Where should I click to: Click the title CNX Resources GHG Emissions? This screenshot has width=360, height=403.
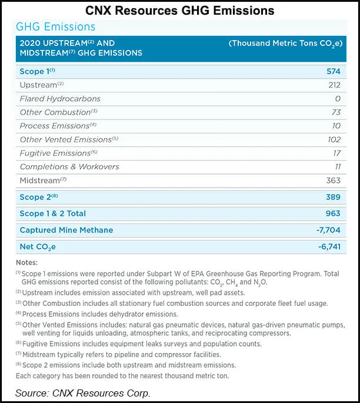click(179, 10)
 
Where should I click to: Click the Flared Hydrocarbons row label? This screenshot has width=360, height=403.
click(60, 98)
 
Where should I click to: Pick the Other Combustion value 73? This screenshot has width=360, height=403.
click(335, 112)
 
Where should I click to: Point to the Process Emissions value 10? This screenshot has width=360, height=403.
click(336, 126)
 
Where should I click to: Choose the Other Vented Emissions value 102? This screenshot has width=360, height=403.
click(333, 139)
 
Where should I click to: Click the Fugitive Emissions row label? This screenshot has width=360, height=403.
click(55, 153)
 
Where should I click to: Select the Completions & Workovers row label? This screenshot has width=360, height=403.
click(69, 166)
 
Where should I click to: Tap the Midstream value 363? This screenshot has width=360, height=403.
click(332, 180)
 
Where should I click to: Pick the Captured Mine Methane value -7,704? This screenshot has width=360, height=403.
click(328, 230)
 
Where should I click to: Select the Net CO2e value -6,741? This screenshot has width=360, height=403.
click(328, 247)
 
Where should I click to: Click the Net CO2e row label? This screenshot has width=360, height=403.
click(38, 247)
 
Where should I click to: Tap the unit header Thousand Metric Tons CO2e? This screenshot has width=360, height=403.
click(285, 44)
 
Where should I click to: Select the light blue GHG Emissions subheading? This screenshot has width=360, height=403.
click(56, 27)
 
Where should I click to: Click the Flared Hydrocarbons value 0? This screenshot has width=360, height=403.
click(338, 98)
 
